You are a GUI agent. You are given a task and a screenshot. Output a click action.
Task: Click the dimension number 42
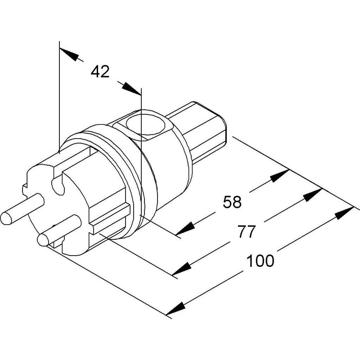click(x=100, y=72)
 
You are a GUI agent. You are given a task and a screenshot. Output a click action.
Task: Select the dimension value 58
click(x=232, y=202)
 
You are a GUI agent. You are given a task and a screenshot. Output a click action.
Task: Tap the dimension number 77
click(x=247, y=231)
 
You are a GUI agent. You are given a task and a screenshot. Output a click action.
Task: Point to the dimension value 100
click(x=260, y=261)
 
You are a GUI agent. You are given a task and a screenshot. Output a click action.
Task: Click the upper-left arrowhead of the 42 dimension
click(x=69, y=54)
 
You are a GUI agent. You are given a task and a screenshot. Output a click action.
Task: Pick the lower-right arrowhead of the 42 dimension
click(x=131, y=89)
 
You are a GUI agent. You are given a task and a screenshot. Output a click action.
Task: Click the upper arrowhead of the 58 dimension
click(x=280, y=175)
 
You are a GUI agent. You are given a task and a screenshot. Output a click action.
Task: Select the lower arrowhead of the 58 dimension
click(x=185, y=229)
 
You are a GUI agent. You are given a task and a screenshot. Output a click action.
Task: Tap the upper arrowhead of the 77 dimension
click(x=312, y=195)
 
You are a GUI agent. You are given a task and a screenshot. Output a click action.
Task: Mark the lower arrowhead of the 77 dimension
click(x=182, y=269)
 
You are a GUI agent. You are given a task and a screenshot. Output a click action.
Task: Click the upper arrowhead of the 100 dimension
click(x=344, y=213)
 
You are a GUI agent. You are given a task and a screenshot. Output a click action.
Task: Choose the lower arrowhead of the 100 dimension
click(x=175, y=309)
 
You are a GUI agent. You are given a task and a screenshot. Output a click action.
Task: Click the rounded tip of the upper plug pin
click(x=5, y=218)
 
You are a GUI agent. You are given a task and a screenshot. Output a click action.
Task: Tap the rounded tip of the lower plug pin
click(x=43, y=240)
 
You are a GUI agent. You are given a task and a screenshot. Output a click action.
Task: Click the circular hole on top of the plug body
click(x=145, y=125)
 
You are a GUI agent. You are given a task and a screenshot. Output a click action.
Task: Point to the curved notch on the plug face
click(x=58, y=185)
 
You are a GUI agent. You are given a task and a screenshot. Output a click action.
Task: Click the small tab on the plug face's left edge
click(x=25, y=189)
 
